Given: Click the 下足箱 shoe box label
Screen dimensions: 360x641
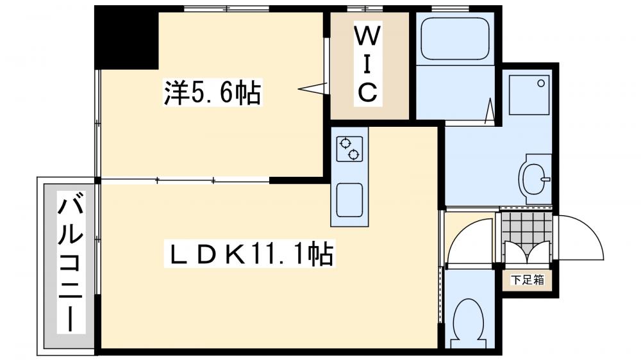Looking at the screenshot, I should click(527, 280).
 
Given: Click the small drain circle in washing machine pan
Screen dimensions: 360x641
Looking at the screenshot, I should click(541, 83).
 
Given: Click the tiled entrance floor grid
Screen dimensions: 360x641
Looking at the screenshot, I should click(526, 230).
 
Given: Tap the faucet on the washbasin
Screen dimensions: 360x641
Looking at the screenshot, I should click(544, 179).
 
